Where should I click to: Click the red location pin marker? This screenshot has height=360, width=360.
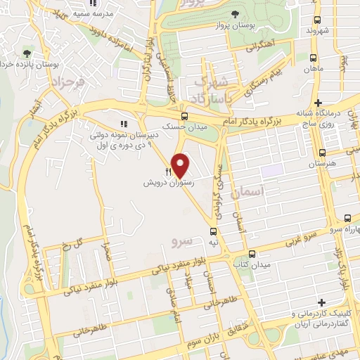click(181, 165)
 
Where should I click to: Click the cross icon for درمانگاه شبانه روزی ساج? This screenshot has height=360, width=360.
click(319, 103)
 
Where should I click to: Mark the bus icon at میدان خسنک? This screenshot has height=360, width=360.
click(184, 116)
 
